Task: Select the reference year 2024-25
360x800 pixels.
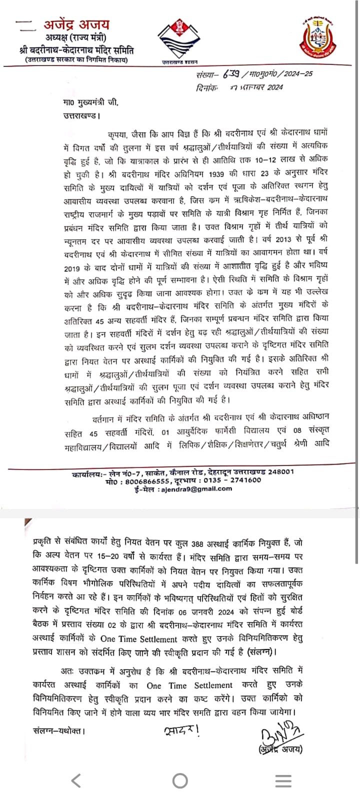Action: tap(299, 74)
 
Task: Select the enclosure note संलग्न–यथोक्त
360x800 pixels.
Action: tap(58, 731)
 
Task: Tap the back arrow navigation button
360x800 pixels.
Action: tap(76, 779)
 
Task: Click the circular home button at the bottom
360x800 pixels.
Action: tap(179, 780)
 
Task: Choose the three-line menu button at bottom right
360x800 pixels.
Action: tap(283, 780)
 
